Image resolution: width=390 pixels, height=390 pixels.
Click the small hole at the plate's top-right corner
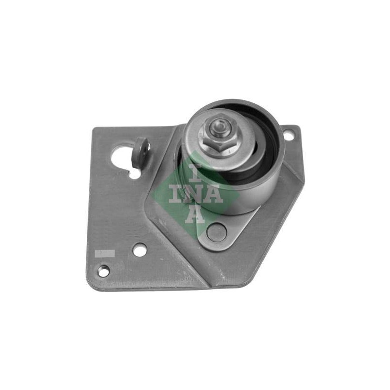coord(288,136)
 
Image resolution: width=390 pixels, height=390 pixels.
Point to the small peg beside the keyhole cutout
coord(140,154)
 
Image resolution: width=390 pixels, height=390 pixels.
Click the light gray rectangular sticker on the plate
coord(105,253)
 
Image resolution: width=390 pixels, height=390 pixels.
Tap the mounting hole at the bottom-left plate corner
coord(104,271)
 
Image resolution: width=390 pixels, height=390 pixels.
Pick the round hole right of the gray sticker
coord(139,250)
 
